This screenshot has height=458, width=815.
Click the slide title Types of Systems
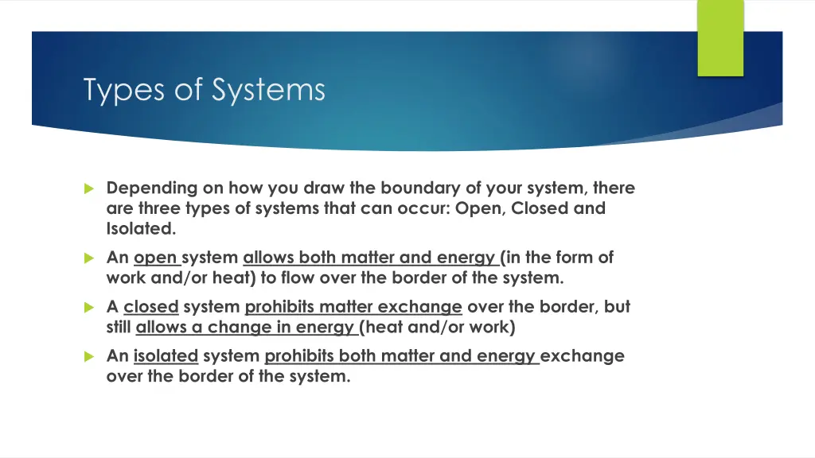click(205, 89)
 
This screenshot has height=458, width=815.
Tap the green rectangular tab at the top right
click(720, 37)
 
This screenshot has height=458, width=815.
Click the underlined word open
click(156, 258)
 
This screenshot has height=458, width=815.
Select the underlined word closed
click(151, 307)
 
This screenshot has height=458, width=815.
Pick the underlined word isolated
click(166, 356)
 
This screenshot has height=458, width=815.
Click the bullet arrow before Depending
click(88, 189)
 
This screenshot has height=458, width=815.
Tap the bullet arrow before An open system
click(88, 258)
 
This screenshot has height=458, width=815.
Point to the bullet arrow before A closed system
click(88, 308)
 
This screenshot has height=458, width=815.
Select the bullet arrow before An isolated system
click(88, 357)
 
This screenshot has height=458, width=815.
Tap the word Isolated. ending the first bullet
click(142, 230)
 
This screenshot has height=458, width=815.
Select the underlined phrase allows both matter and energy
click(370, 258)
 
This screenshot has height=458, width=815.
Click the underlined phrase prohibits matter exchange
click(353, 307)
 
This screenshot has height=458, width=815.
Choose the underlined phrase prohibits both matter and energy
click(400, 356)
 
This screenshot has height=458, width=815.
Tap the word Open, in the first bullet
click(477, 209)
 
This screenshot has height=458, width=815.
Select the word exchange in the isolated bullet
click(582, 356)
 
